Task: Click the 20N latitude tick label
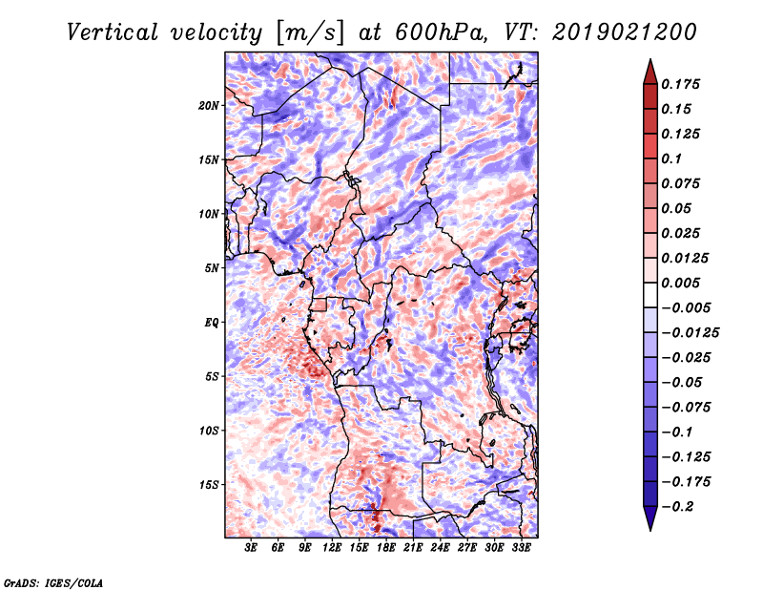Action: pyautogui.click(x=209, y=105)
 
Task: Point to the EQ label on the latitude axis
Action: pyautogui.click(x=212, y=322)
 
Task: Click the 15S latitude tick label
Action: pyautogui.click(x=209, y=484)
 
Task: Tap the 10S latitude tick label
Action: pyautogui.click(x=209, y=431)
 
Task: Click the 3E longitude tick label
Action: pyautogui.click(x=252, y=548)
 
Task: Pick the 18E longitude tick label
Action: pyautogui.click(x=386, y=548)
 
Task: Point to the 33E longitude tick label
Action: pyautogui.click(x=522, y=548)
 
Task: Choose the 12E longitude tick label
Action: pyautogui.click(x=333, y=548)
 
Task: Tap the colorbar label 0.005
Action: pyautogui.click(x=683, y=283)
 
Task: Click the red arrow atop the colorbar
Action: pyautogui.click(x=650, y=72)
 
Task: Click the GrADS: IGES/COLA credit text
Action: pyautogui.click(x=52, y=581)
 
